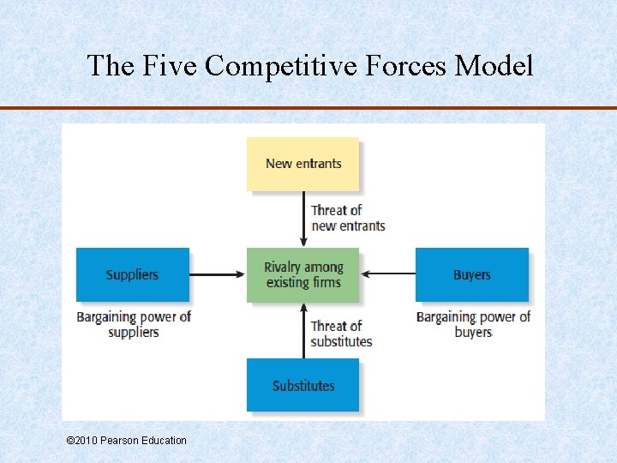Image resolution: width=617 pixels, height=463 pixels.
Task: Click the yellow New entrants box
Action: click(303, 164)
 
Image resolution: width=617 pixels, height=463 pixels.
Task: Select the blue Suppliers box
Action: click(132, 274)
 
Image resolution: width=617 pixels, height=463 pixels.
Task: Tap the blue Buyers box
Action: click(471, 274)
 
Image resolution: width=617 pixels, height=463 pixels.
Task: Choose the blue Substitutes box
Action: click(303, 385)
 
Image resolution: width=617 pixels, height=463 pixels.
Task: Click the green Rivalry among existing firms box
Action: click(303, 274)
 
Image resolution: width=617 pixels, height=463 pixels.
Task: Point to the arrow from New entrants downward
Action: click(303, 219)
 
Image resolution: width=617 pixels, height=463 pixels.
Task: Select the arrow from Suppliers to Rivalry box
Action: click(217, 274)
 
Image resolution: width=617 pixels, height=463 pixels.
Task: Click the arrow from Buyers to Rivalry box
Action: click(388, 274)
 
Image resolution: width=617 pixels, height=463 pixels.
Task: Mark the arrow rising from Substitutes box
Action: click(303, 330)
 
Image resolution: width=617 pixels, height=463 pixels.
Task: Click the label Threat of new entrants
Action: click(348, 218)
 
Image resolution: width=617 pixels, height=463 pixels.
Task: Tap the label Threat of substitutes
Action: click(341, 334)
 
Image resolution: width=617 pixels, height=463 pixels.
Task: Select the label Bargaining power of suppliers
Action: click(134, 324)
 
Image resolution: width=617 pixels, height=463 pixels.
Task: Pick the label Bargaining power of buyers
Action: click(473, 324)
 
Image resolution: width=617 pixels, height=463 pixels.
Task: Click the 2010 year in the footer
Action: click(86, 440)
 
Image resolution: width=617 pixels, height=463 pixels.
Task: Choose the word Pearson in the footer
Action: click(121, 440)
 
